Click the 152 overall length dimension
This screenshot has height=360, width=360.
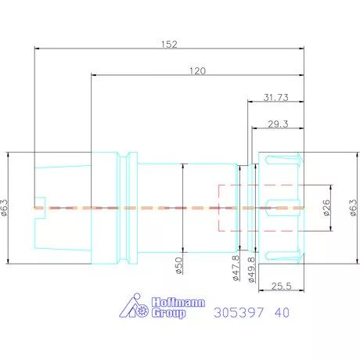(169, 44)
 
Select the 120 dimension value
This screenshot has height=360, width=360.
(197, 70)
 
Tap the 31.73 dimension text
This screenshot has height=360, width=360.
(275, 97)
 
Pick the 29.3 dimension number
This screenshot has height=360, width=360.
(278, 124)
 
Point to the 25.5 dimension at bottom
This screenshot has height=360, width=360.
(281, 286)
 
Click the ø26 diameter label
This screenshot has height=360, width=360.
(326, 207)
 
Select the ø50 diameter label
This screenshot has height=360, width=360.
(178, 265)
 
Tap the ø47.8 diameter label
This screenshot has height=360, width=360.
(236, 268)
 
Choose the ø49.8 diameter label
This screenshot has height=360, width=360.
(251, 269)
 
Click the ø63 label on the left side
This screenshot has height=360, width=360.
(5, 207)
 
